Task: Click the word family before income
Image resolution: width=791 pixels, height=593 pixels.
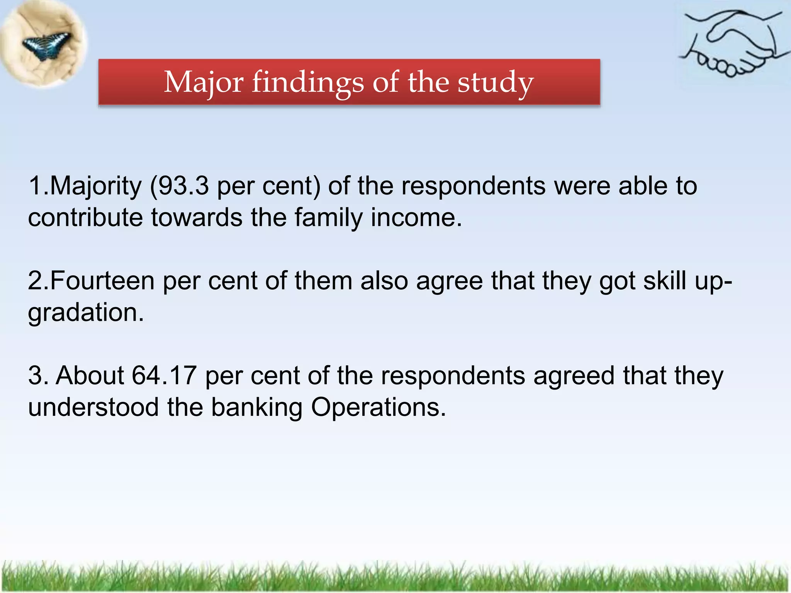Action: (328, 218)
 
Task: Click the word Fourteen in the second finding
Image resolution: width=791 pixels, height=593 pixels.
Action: (102, 281)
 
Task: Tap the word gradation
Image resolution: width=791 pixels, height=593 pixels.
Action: (86, 313)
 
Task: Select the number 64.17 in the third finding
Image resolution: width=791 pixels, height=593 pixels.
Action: (164, 375)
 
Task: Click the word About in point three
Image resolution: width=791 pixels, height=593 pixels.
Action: (90, 375)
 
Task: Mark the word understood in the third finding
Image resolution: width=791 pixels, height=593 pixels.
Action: (93, 407)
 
